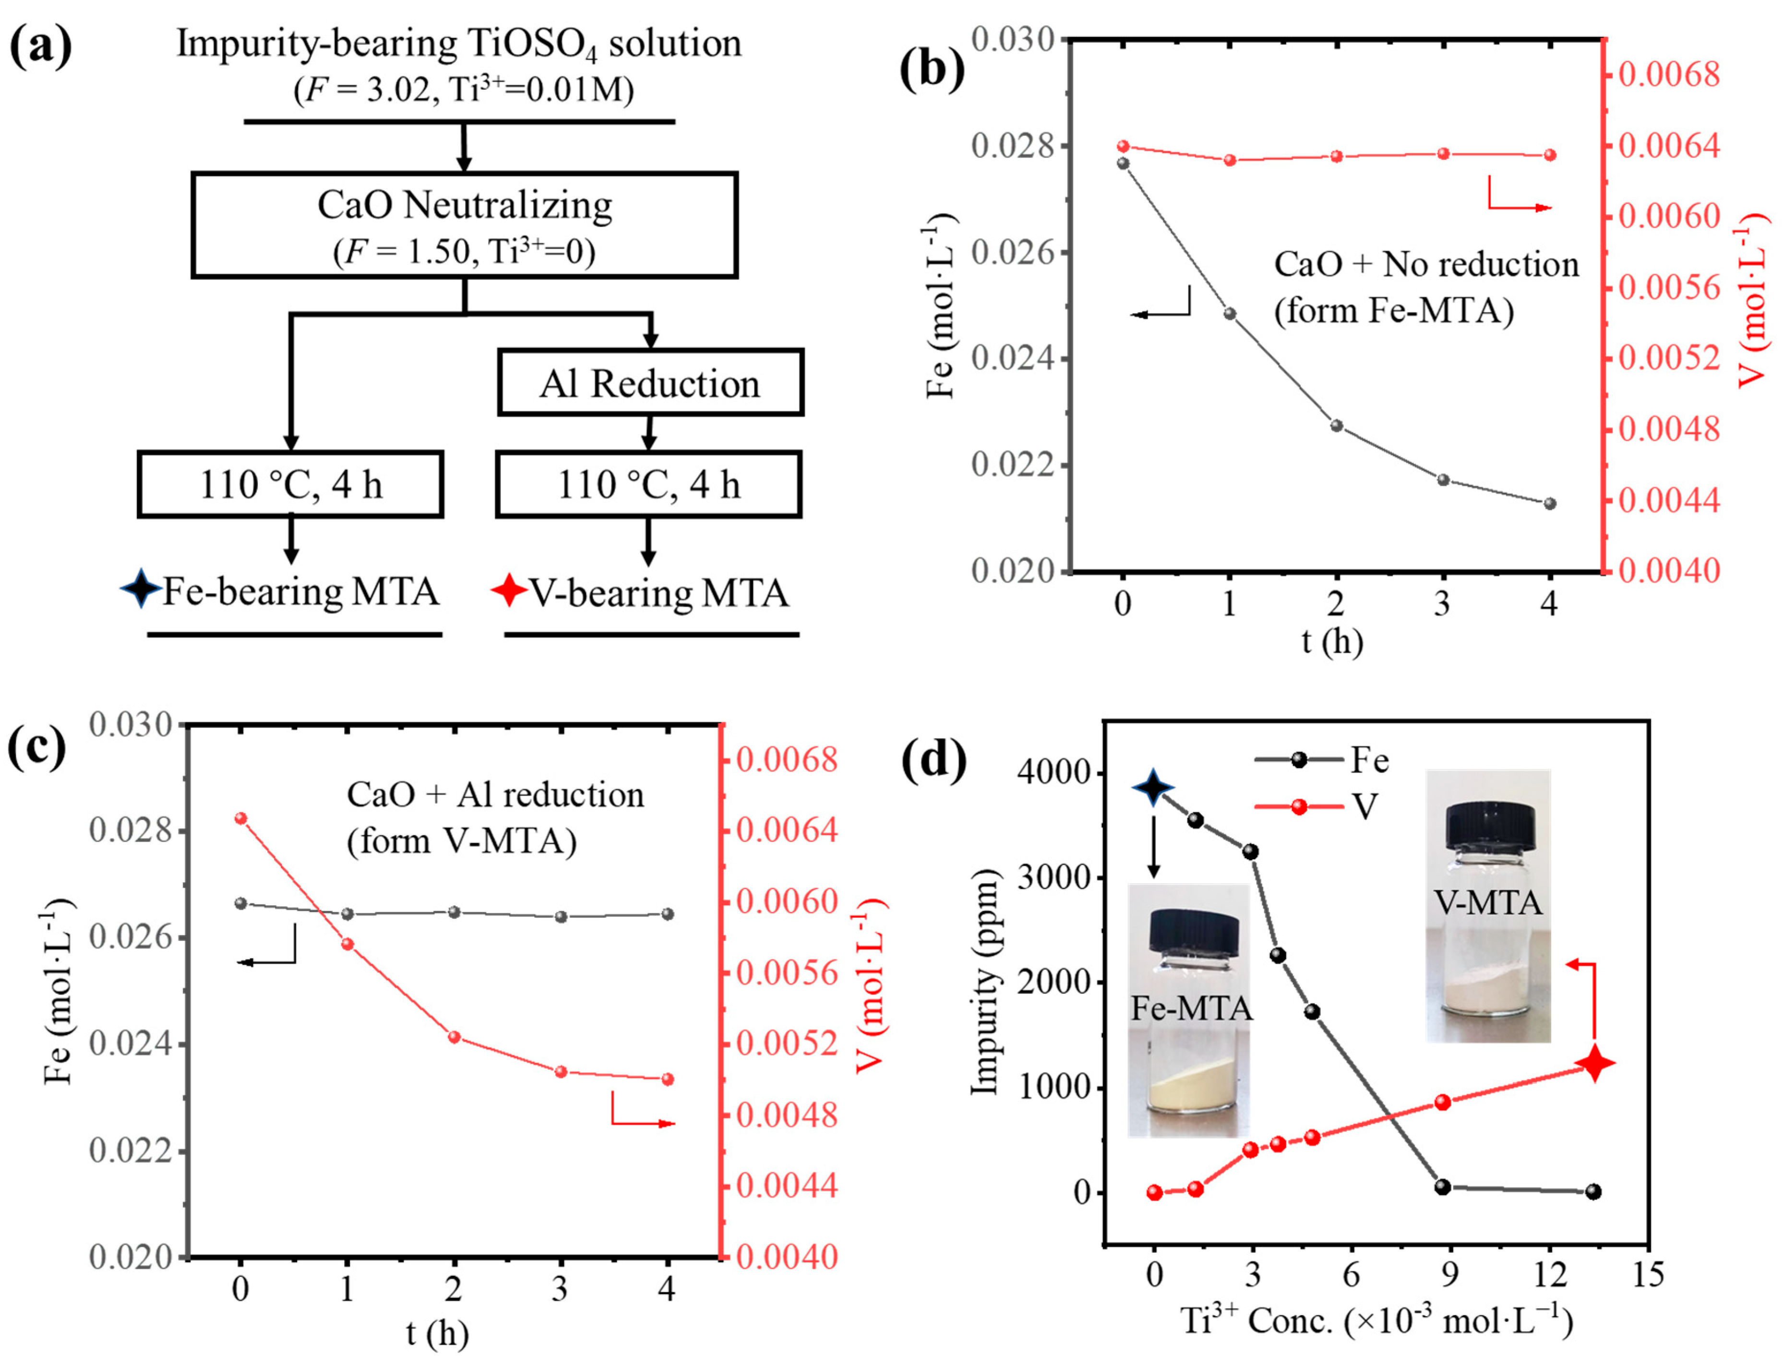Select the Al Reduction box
point(649,383)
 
